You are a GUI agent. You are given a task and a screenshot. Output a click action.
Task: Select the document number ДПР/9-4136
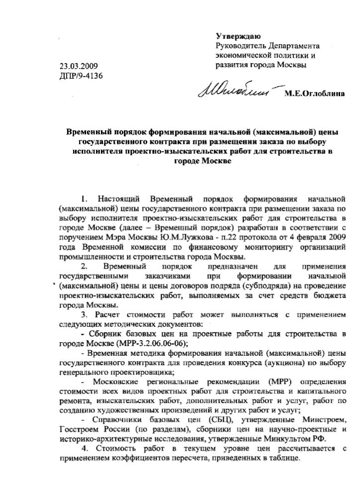tap(82, 76)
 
